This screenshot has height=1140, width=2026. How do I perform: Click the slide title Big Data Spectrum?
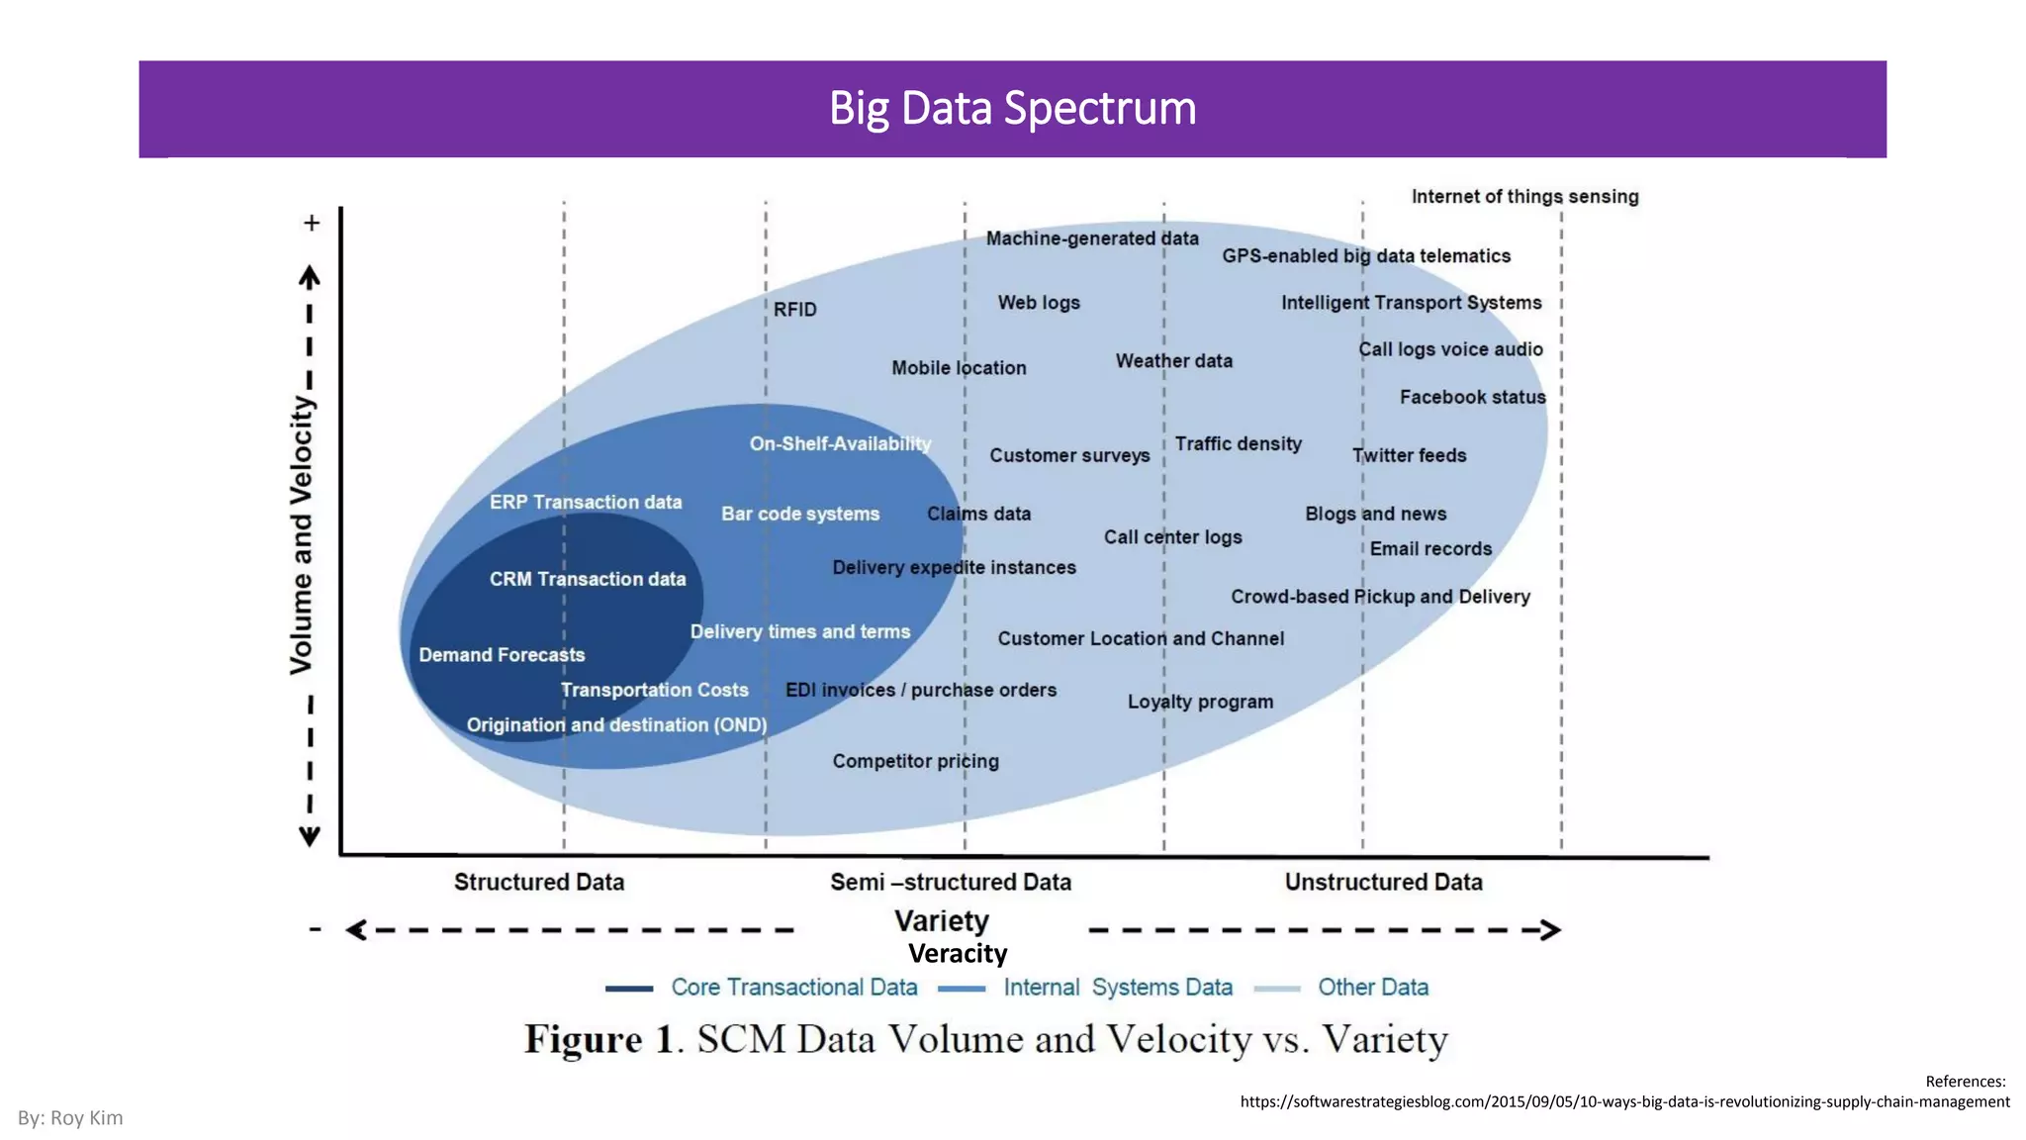click(x=1012, y=108)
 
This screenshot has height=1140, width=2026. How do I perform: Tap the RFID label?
click(x=794, y=310)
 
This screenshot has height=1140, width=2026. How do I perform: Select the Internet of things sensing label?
click(x=1524, y=196)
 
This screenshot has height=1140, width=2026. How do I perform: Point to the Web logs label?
click(x=1038, y=303)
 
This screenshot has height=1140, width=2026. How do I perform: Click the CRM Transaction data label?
click(x=587, y=579)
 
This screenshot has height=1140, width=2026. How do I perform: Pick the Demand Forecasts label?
click(x=502, y=655)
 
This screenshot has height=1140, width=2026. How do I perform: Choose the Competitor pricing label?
click(x=915, y=761)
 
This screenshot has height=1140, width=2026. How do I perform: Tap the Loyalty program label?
click(x=1200, y=702)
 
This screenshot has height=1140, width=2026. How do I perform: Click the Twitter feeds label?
click(x=1409, y=455)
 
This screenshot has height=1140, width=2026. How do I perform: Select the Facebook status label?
click(x=1472, y=397)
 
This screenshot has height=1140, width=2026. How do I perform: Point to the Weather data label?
click(x=1173, y=361)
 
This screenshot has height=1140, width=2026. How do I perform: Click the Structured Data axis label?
click(x=539, y=882)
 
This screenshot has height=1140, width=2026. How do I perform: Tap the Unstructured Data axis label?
click(x=1383, y=882)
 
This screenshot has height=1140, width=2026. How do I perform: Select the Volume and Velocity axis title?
click(x=301, y=535)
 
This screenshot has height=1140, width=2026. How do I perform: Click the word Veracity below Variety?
click(x=958, y=954)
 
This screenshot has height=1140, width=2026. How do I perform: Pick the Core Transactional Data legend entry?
click(x=793, y=988)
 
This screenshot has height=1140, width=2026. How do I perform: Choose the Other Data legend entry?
click(x=1372, y=988)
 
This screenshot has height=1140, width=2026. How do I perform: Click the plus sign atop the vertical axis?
click(x=312, y=223)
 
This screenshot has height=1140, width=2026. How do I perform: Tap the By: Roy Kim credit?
click(x=70, y=1118)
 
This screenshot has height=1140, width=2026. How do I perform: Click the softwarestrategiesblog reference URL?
click(x=1624, y=1101)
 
